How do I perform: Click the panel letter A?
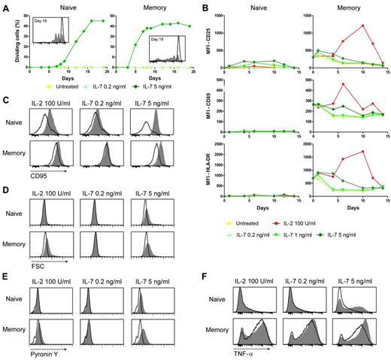coord(5,6)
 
